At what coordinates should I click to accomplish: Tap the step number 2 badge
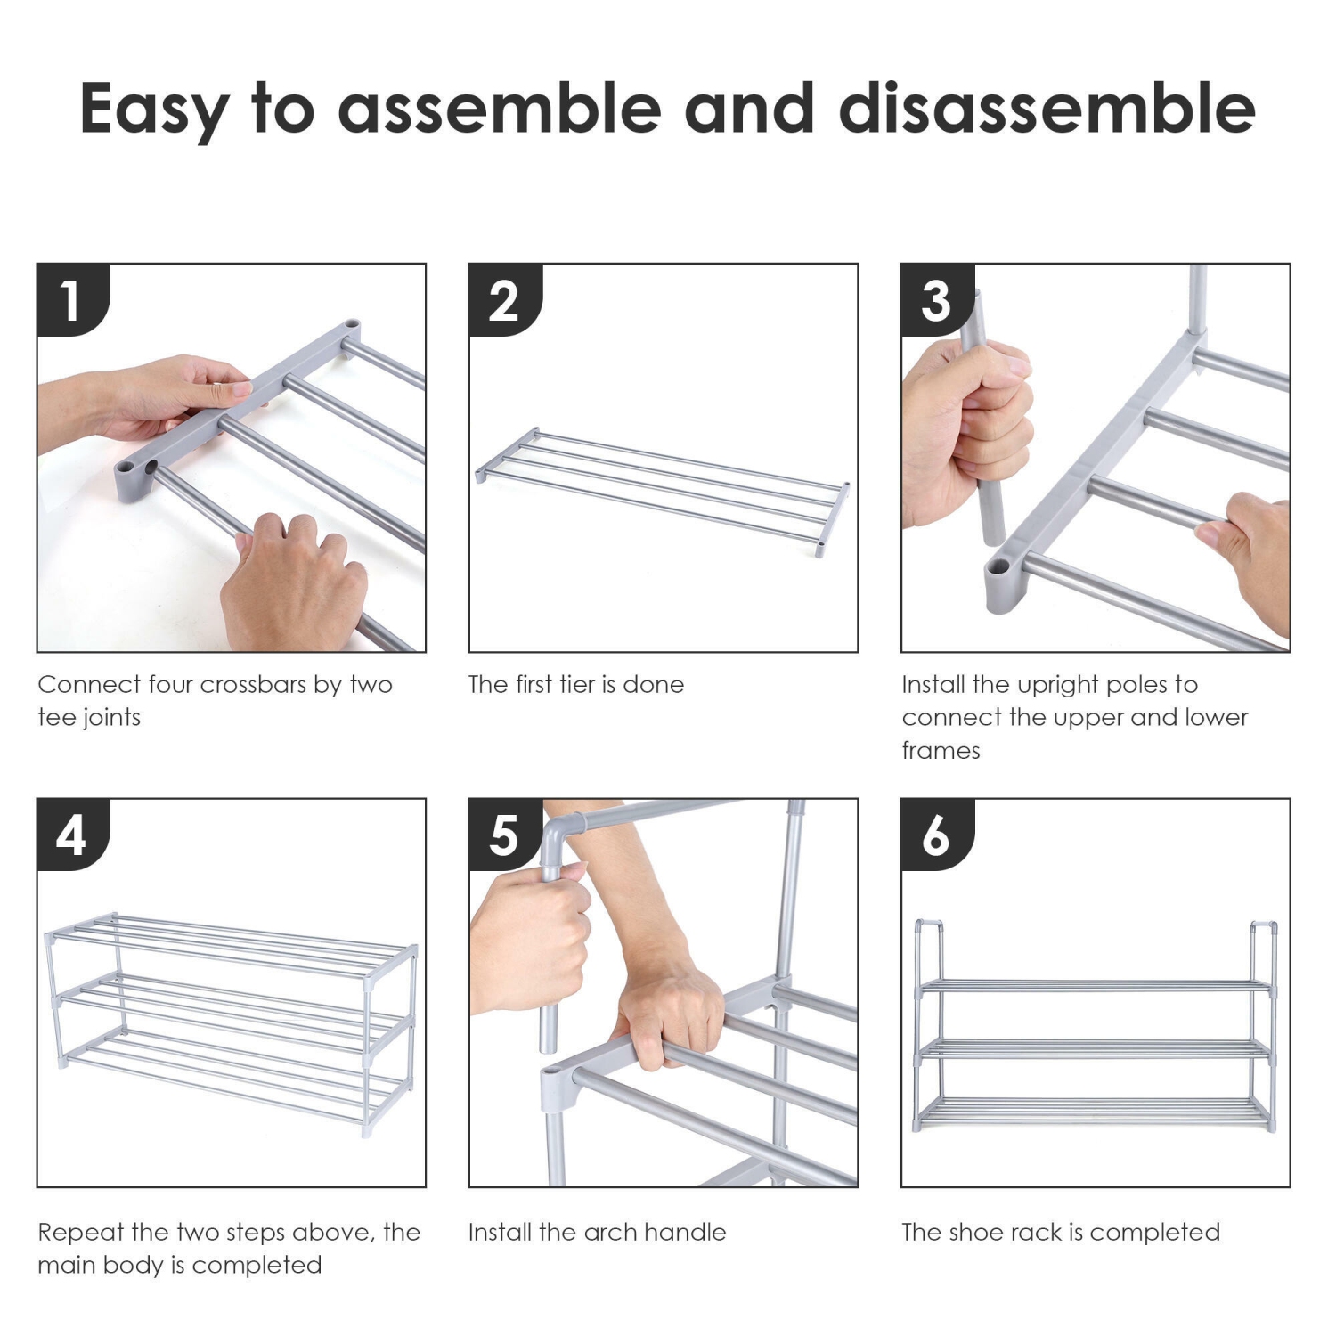pos(505,299)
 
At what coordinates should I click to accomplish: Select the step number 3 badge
pos(937,299)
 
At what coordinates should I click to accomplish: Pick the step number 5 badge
pos(505,835)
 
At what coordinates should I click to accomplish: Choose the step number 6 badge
pos(937,835)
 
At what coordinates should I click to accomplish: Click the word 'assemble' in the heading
pos(500,109)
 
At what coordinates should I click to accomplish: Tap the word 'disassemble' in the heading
pos(1047,109)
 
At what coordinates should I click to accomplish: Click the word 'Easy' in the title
pos(152,110)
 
